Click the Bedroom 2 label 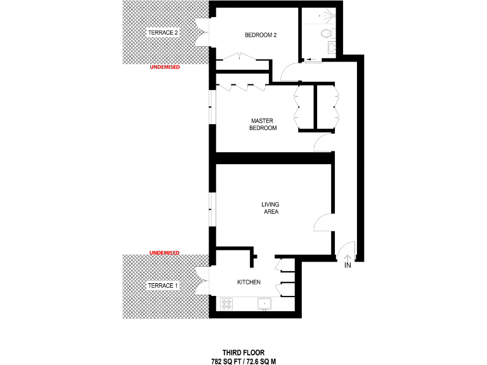261,35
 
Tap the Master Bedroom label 264,124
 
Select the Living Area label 271,208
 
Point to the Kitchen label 249,282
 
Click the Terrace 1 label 163,286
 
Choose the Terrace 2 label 162,32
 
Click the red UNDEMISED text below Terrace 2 165,67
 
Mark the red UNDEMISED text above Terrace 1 164,253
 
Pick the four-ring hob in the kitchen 226,304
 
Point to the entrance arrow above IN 347,257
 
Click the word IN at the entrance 347,266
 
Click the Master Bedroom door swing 323,143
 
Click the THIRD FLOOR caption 243,352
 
